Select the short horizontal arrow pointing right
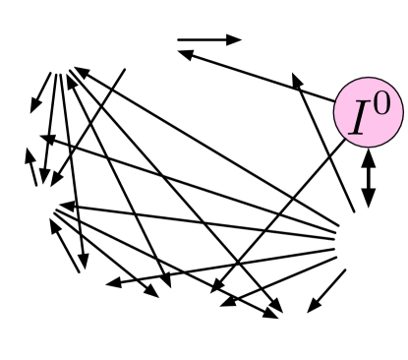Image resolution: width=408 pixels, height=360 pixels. tap(208, 40)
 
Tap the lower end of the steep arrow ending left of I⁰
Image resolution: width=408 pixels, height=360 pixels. tap(352, 210)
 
